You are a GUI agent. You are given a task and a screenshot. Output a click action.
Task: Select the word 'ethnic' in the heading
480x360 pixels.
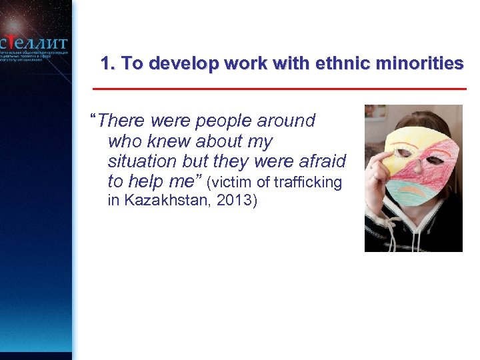coord(346,64)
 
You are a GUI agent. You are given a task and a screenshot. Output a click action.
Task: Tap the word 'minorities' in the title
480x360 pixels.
coord(420,64)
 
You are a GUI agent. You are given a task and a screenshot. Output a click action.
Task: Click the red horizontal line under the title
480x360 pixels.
coord(280,89)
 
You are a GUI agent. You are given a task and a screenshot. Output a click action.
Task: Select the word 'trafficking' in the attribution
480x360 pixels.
coord(308,181)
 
